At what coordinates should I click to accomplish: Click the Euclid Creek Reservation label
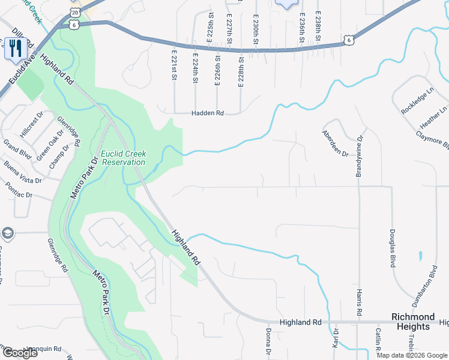click(123, 157)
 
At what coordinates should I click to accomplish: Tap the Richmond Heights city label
click(413, 322)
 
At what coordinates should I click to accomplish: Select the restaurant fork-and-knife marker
click(14, 48)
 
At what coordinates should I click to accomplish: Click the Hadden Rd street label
click(207, 113)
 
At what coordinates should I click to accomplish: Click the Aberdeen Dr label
click(335, 143)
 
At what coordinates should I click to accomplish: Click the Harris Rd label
click(359, 302)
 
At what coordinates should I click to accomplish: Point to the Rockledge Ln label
click(417, 101)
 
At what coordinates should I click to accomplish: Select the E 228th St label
click(241, 72)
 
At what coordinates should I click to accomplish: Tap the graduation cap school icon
click(7, 232)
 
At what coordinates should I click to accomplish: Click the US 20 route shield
click(74, 12)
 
